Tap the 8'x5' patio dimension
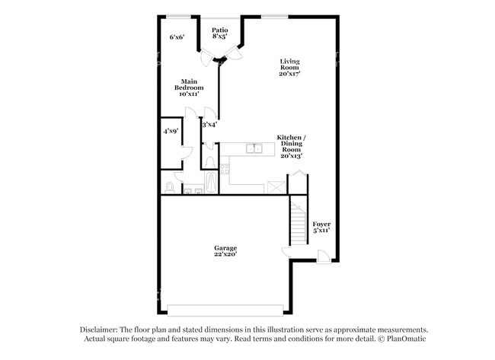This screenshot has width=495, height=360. coord(219,36)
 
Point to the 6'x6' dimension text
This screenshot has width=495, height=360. coord(177,37)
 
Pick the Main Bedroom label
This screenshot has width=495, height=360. coord(190,83)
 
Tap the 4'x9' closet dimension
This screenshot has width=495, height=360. coord(170,131)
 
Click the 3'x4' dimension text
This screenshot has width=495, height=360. coord(209,123)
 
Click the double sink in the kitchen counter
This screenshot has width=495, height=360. coord(254,148)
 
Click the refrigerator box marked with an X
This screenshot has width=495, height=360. coord(275,186)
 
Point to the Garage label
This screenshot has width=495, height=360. coord(225,247)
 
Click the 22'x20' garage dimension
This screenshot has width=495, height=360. coord(225,255)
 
